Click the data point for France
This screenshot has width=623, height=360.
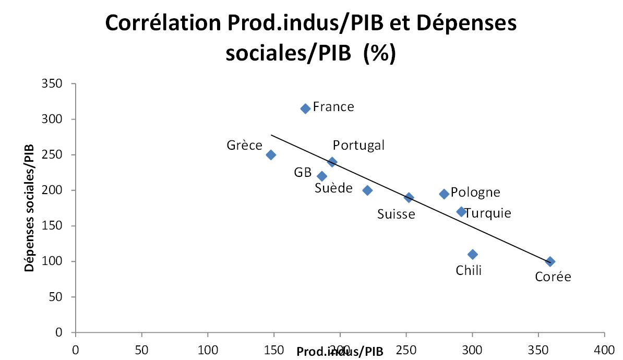pos(305,109)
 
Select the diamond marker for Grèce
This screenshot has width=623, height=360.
pos(271,155)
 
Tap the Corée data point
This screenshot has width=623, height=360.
pos(550,261)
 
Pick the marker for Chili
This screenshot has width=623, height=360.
pos(473,255)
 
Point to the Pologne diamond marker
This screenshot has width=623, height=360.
pos(444,194)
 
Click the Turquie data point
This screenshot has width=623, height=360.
pos(461,212)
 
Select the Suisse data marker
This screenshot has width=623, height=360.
pos(409,198)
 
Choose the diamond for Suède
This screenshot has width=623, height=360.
pos(367,190)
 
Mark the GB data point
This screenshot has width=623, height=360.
pos(322,176)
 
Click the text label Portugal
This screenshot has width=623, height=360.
pos(358,145)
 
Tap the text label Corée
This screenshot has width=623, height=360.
pos(553,277)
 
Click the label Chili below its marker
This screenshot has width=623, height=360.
pos(469,270)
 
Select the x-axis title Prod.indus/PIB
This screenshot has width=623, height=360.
pos(340,352)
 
